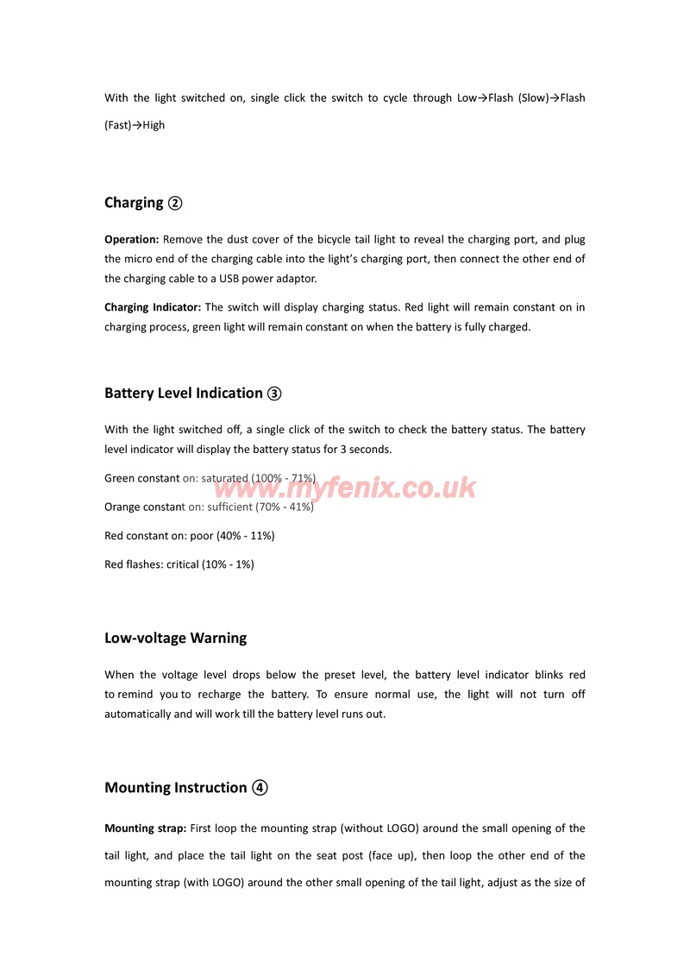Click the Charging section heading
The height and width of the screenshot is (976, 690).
coord(134,203)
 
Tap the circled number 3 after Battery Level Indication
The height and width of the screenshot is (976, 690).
coord(274,394)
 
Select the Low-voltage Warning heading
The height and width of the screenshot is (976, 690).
coord(175,639)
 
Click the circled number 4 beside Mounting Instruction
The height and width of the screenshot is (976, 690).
coord(260,788)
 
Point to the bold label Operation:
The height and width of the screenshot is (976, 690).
coord(131,239)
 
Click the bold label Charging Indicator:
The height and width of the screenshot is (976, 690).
coord(153,307)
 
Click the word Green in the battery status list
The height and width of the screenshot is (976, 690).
coord(120,478)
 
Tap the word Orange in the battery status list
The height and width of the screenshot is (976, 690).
coord(122,507)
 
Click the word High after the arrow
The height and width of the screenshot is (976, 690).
coord(154,125)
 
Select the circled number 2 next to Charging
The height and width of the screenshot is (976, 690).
coord(175,204)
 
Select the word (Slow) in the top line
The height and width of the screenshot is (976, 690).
coord(533,98)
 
